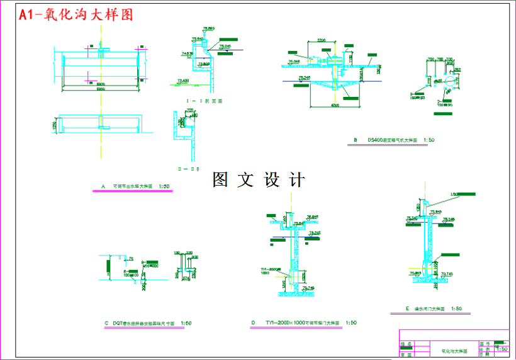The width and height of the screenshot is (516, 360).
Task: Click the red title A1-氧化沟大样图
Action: coord(76,15)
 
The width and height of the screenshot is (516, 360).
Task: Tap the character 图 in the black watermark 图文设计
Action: coord(220,180)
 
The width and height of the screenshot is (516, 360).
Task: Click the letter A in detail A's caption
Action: coord(103,186)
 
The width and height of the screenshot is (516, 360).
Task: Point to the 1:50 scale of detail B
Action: coord(430,140)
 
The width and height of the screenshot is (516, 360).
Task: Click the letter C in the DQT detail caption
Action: coord(106,323)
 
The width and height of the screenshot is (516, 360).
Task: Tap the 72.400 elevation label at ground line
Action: coord(182,81)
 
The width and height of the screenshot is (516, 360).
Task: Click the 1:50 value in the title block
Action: coord(502,349)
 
